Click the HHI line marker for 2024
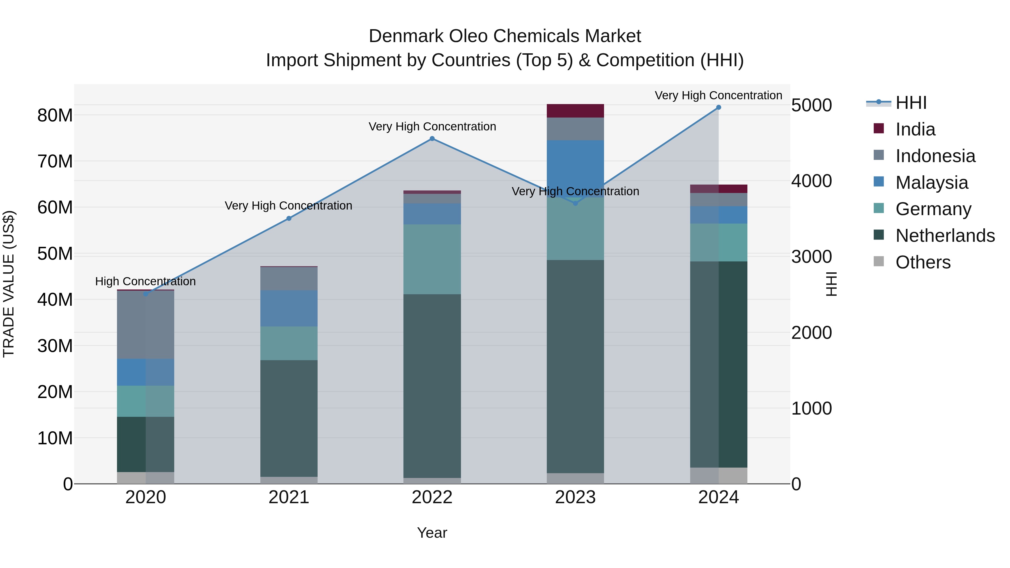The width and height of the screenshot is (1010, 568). (x=718, y=107)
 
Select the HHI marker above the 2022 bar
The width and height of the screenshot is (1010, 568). (x=432, y=138)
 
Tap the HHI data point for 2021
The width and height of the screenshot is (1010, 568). (x=289, y=218)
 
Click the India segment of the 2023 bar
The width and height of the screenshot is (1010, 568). (x=575, y=111)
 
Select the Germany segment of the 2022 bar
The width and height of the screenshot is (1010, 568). (x=432, y=259)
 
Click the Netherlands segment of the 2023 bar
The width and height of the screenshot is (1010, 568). (x=575, y=367)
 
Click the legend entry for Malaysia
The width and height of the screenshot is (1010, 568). (x=931, y=183)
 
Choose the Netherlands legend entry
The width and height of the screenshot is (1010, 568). (x=945, y=236)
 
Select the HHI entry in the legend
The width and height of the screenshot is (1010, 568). (x=911, y=103)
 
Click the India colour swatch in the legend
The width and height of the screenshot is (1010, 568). (x=879, y=128)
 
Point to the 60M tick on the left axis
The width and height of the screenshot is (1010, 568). (x=55, y=207)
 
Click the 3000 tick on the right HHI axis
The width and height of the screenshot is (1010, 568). (x=811, y=257)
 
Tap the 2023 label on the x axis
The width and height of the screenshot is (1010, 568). (x=575, y=497)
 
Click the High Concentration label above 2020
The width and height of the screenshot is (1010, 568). (x=145, y=281)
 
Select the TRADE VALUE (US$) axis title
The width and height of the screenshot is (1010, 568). (x=9, y=284)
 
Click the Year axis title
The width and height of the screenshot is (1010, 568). (x=432, y=533)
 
